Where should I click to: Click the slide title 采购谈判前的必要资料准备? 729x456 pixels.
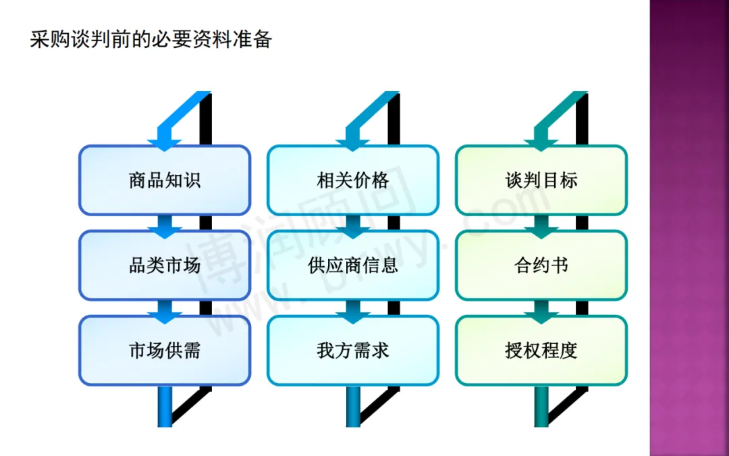point(151,39)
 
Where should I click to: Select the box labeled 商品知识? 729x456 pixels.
point(165,180)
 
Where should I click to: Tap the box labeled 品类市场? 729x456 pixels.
point(165,265)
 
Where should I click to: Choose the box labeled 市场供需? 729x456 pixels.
point(165,351)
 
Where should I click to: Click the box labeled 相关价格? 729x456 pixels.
point(353,180)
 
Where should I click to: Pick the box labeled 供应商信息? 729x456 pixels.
point(353,265)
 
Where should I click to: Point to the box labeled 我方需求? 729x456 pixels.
point(353,351)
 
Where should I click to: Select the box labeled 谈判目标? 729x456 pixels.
point(541,180)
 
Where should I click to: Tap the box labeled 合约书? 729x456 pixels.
point(541,265)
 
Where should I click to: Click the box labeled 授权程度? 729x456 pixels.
point(541,351)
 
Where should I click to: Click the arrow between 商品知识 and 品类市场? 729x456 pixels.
point(165,226)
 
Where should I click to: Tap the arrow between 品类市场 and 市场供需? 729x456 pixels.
point(165,311)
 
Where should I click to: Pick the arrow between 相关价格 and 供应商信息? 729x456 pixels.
point(353,226)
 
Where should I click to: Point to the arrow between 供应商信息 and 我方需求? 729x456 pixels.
point(353,311)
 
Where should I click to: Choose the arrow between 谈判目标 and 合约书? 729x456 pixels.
point(541,226)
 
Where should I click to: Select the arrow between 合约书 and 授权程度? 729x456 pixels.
point(541,311)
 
